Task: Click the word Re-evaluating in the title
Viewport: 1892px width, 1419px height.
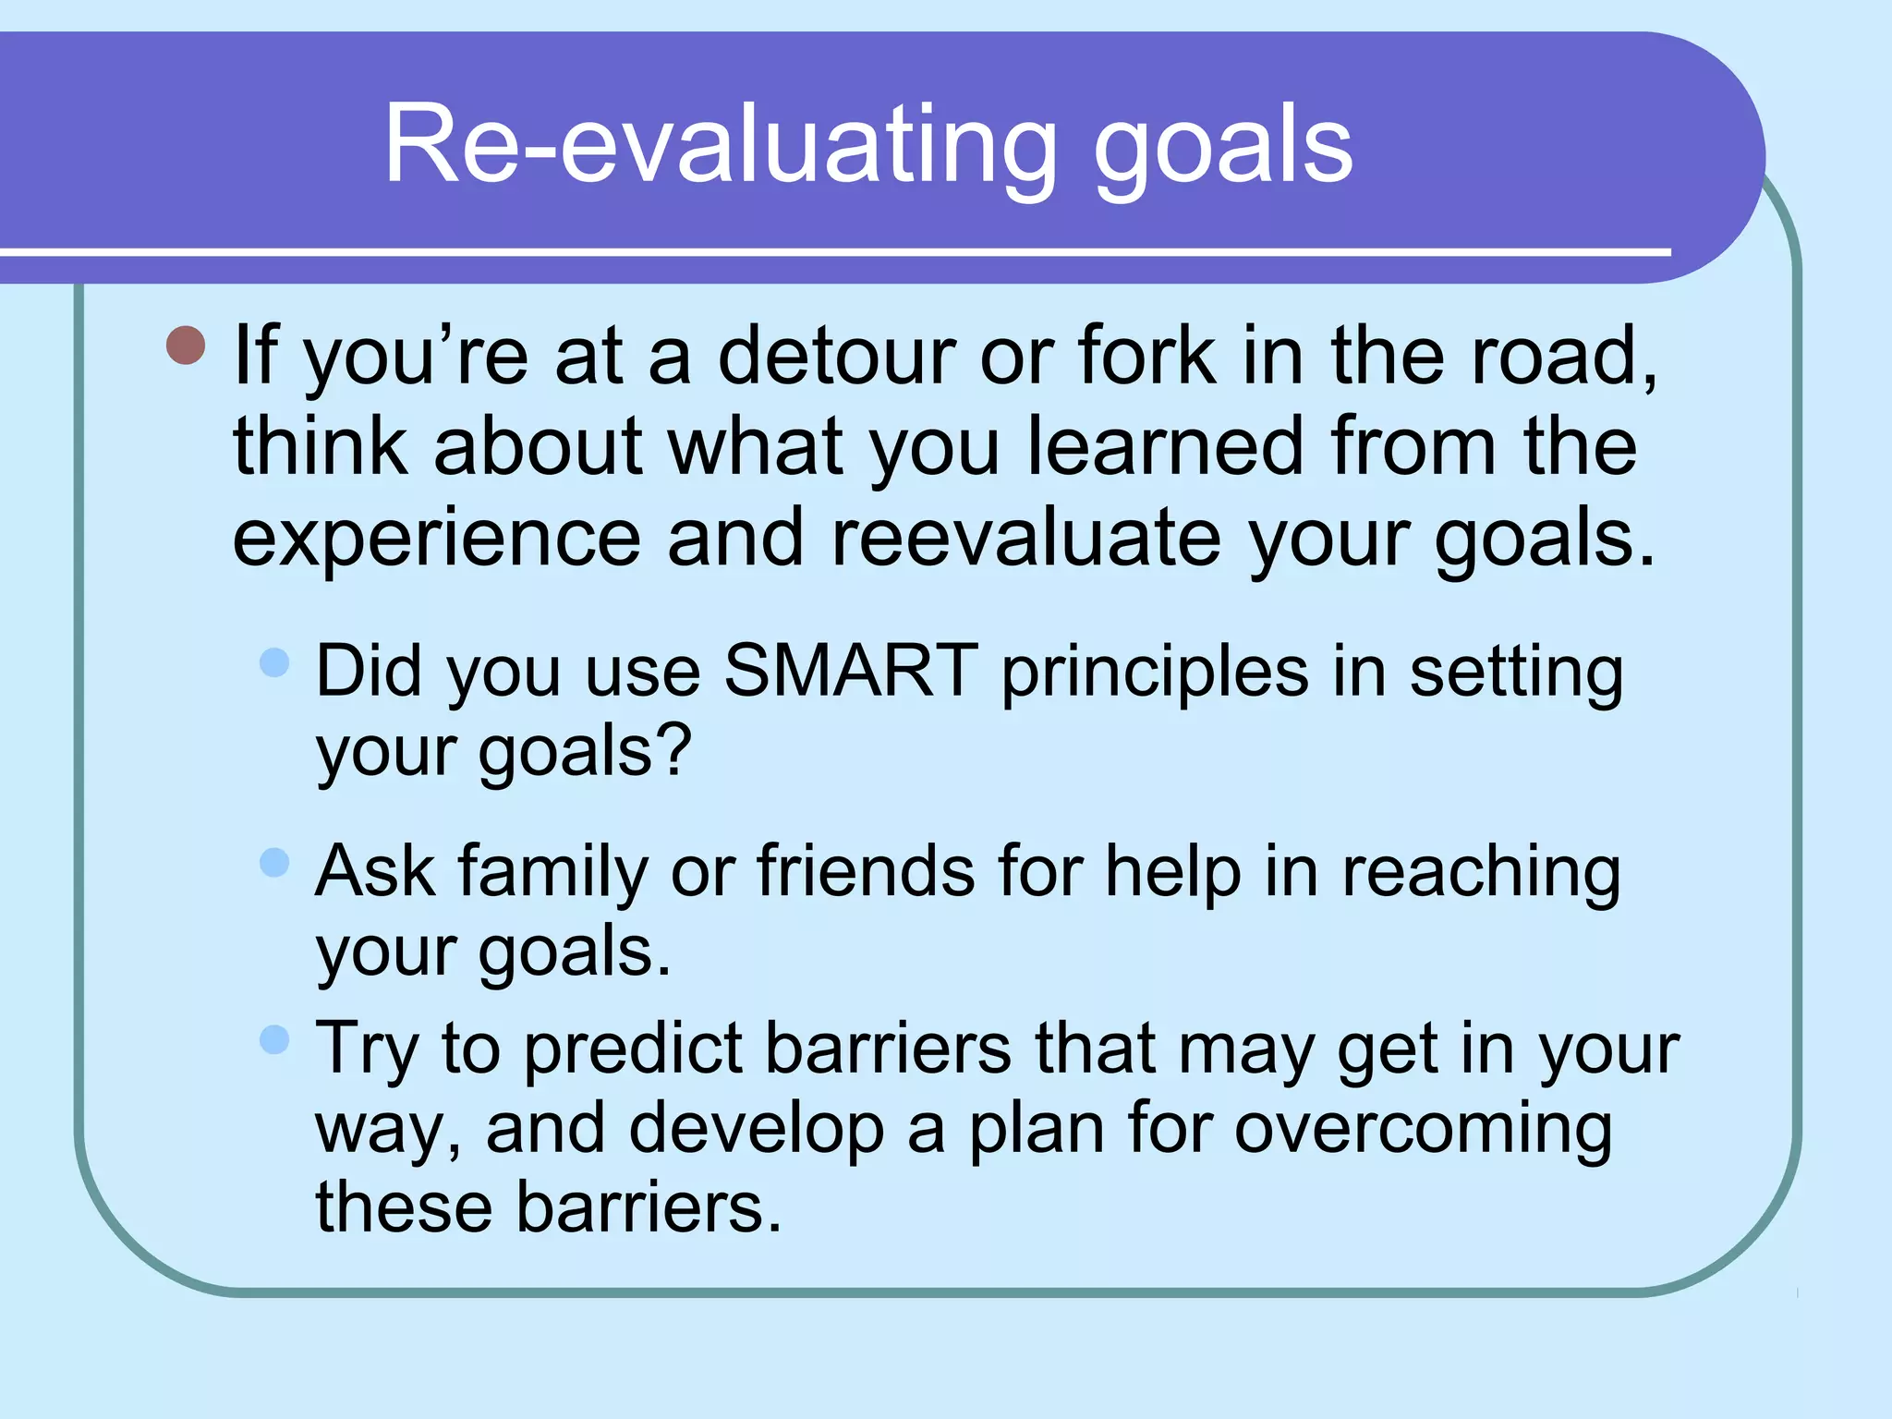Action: click(x=721, y=145)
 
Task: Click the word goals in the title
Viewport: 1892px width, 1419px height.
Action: click(x=1223, y=148)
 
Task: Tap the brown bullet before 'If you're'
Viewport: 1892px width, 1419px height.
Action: click(x=186, y=346)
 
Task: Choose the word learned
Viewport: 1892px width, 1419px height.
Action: click(x=1166, y=446)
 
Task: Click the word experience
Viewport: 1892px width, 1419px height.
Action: click(x=436, y=540)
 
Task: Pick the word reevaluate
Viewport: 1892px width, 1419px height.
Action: click(x=1026, y=539)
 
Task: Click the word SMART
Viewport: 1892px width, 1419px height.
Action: click(x=850, y=671)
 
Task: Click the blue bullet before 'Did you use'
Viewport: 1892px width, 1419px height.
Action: click(x=274, y=662)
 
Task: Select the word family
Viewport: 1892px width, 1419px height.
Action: click(x=552, y=873)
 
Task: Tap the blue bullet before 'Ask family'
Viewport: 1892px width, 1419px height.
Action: click(x=274, y=863)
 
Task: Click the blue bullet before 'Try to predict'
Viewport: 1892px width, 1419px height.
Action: click(x=274, y=1039)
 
